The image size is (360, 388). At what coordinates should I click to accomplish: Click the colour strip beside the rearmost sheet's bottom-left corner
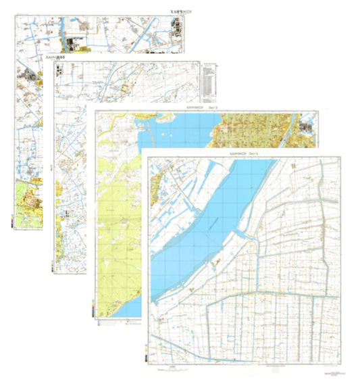[x=13, y=220]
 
